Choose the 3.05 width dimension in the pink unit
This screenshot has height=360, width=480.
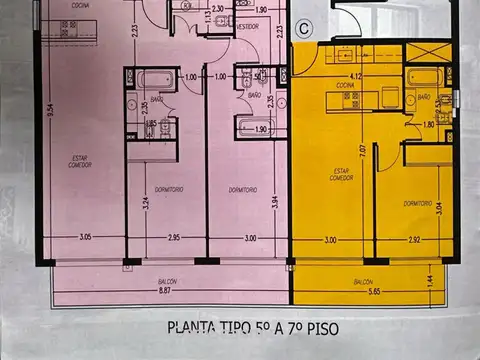85,239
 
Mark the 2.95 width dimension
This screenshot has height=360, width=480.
172,239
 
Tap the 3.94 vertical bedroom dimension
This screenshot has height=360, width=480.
276,205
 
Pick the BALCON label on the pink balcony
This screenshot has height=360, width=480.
163,282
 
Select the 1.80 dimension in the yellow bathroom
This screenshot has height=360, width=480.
428,125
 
